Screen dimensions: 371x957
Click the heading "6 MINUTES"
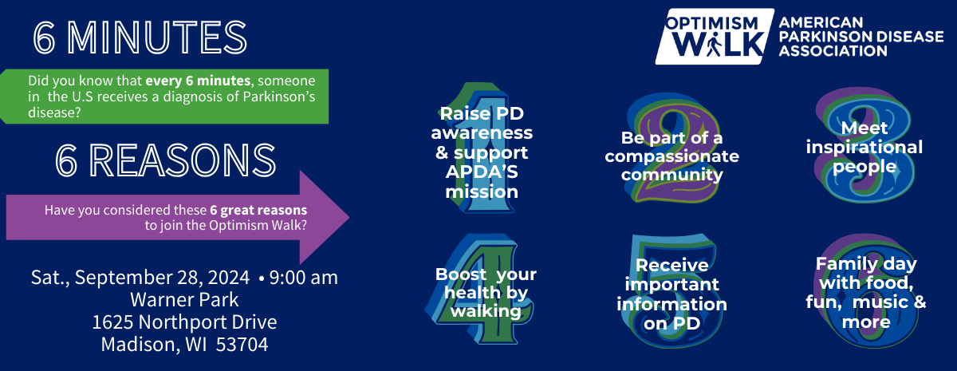(x=140, y=37)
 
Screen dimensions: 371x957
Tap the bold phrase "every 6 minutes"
(x=191, y=81)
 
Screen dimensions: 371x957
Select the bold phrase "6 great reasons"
(x=258, y=211)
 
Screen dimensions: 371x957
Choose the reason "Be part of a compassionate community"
(x=671, y=156)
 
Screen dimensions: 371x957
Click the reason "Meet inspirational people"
(x=864, y=148)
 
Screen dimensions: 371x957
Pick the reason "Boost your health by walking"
(x=486, y=293)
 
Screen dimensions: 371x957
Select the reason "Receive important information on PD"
(x=671, y=294)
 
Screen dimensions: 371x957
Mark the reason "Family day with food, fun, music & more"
(x=865, y=293)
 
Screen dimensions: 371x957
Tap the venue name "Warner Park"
(x=184, y=300)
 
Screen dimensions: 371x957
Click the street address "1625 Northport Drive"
(x=184, y=322)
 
